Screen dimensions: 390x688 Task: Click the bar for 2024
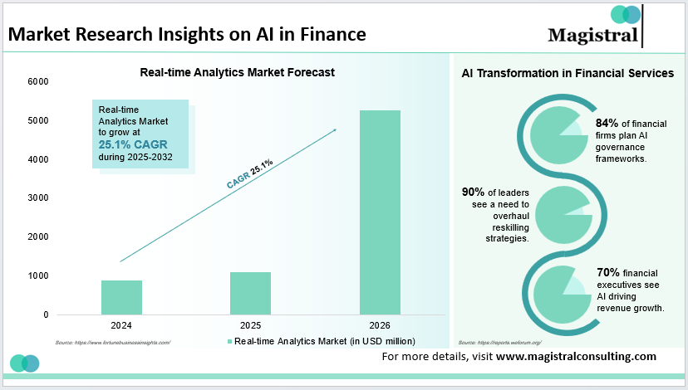click(x=121, y=297)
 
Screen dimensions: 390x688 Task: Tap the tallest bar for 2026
click(x=380, y=212)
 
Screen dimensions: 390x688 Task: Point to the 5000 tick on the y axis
click(x=38, y=120)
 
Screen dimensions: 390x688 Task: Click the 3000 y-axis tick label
click(x=38, y=197)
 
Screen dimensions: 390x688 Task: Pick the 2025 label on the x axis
click(x=250, y=325)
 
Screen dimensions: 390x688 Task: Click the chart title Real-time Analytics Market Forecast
click(x=237, y=72)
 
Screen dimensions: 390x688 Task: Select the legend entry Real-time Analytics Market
click(x=319, y=341)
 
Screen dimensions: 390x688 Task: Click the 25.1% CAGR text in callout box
click(x=134, y=144)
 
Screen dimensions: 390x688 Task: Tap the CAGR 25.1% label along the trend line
click(x=249, y=171)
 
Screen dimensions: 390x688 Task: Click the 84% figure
click(x=608, y=124)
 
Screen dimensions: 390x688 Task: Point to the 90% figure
click(x=474, y=193)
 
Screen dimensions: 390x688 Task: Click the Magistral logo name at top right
click(x=592, y=34)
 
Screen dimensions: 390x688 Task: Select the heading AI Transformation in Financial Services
click(x=568, y=73)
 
